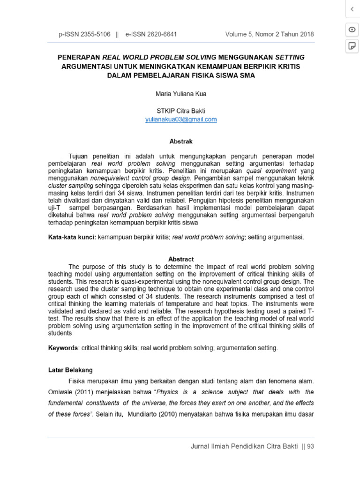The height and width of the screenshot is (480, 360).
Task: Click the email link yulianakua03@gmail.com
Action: pyautogui.click(x=180, y=119)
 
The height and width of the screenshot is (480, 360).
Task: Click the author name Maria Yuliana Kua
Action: pyautogui.click(x=180, y=94)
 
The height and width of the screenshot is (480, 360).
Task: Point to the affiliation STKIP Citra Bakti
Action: pyautogui.click(x=180, y=111)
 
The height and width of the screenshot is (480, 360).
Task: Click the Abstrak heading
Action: pyautogui.click(x=180, y=141)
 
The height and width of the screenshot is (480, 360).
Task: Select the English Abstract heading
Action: pyautogui.click(x=180, y=259)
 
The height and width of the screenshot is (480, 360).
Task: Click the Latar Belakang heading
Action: pyautogui.click(x=71, y=370)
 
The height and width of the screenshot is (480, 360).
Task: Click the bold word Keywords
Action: pyautogui.click(x=64, y=348)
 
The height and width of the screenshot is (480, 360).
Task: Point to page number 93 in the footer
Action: pyautogui.click(x=310, y=446)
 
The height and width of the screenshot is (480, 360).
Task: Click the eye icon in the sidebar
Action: pyautogui.click(x=351, y=30)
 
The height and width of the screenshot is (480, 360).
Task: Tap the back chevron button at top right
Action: pyautogui.click(x=351, y=9)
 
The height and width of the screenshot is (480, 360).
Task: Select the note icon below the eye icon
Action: pyautogui.click(x=351, y=46)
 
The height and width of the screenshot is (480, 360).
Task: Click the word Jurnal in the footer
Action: pyautogui.click(x=200, y=446)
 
